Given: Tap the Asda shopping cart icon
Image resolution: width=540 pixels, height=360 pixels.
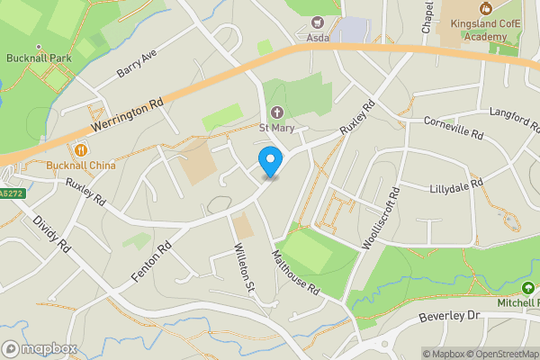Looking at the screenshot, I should click(x=317, y=22).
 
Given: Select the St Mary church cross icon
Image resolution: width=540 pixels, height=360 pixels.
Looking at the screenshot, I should click(x=276, y=112).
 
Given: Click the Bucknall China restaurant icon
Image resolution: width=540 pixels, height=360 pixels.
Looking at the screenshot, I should click(x=82, y=150).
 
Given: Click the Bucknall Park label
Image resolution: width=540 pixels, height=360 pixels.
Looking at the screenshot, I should click(x=39, y=58).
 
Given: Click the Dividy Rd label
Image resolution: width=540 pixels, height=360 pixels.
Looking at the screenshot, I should click(x=51, y=232).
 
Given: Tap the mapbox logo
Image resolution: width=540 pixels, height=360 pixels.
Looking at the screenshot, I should click(x=39, y=348).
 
